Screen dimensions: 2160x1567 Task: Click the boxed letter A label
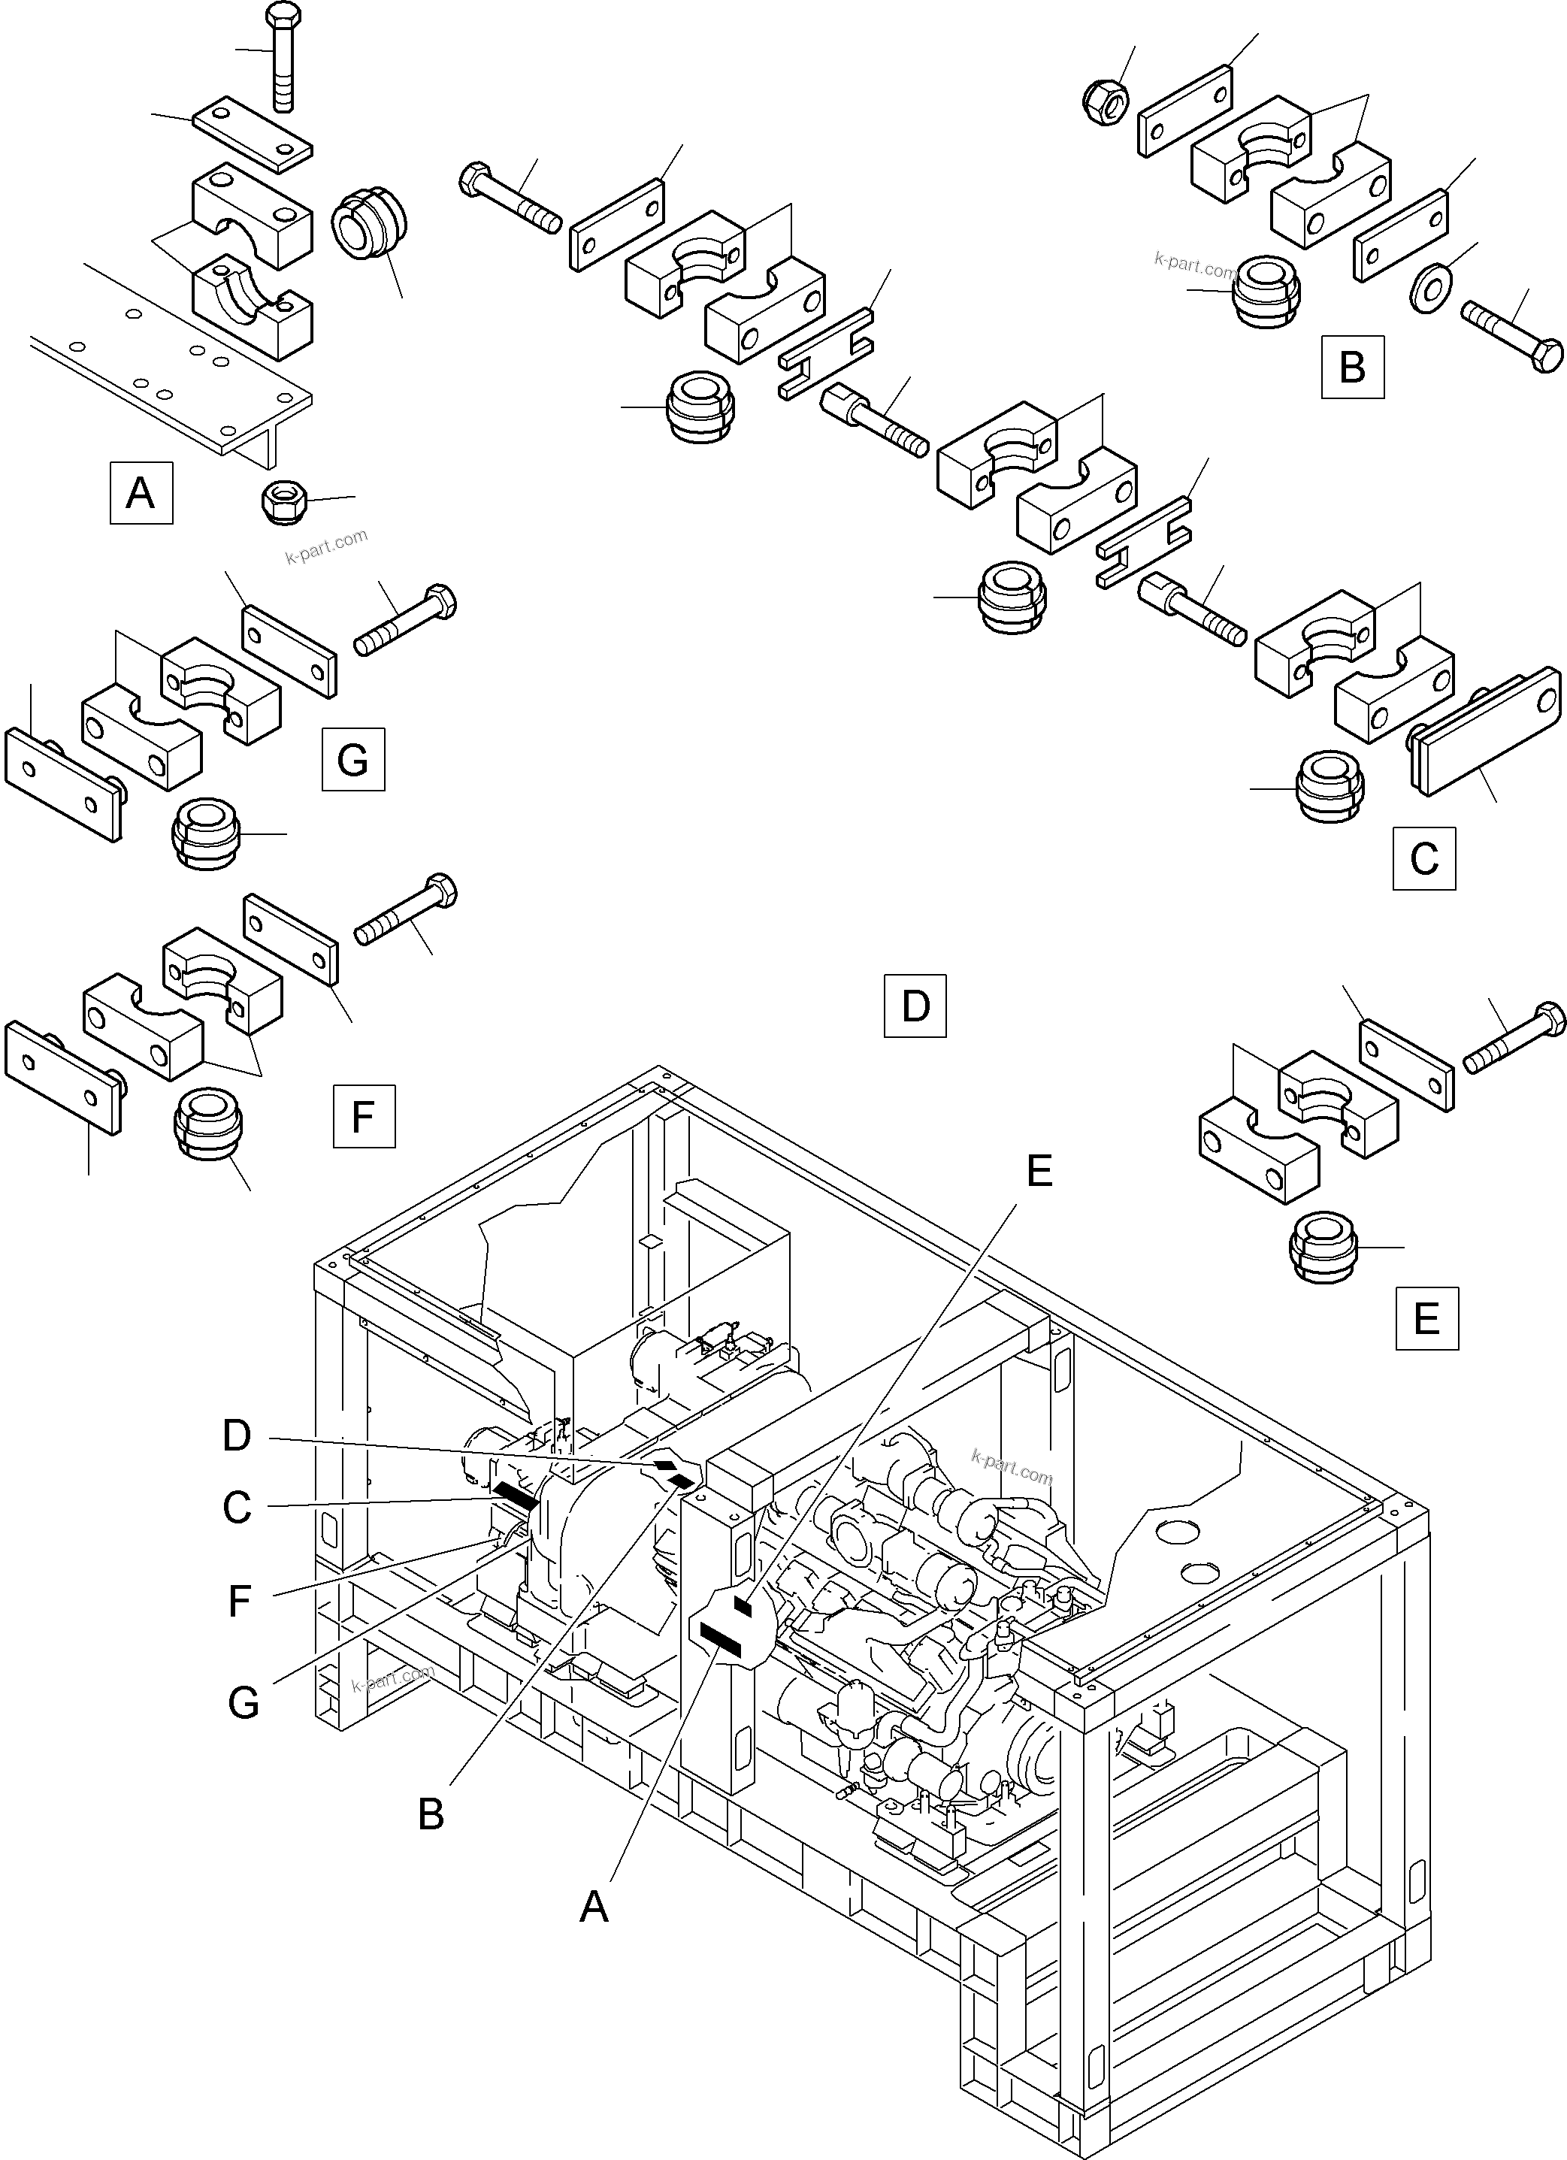pyautogui.click(x=141, y=492)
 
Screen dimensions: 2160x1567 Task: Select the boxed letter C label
pyautogui.click(x=1423, y=858)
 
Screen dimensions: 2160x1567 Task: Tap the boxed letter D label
pyautogui.click(x=915, y=1005)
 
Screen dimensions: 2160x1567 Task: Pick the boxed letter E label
pyautogui.click(x=1426, y=1318)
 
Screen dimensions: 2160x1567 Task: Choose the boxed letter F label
pyautogui.click(x=363, y=1115)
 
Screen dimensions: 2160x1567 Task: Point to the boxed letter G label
pyautogui.click(x=352, y=759)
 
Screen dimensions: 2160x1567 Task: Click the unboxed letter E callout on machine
pyautogui.click(x=1039, y=1169)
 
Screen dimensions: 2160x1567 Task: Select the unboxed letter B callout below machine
pyautogui.click(x=431, y=1814)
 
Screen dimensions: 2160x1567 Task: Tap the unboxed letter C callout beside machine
pyautogui.click(x=236, y=1508)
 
